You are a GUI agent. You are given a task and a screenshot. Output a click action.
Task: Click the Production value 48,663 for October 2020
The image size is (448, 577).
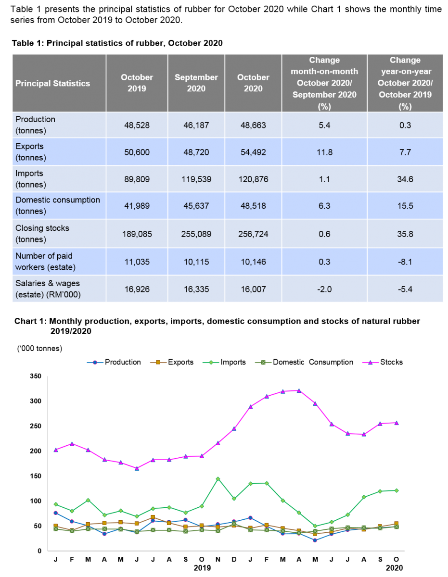(253, 125)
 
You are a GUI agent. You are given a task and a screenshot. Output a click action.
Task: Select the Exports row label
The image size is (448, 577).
(30, 152)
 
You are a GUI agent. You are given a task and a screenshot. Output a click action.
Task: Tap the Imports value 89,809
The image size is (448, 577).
(137, 179)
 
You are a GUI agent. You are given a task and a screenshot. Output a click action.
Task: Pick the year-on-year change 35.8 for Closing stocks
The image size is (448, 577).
(405, 234)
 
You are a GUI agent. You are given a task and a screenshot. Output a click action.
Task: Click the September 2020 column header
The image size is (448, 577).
(196, 83)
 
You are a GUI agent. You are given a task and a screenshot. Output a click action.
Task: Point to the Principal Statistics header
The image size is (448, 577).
(52, 84)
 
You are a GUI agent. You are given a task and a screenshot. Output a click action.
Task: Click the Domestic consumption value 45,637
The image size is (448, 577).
(196, 206)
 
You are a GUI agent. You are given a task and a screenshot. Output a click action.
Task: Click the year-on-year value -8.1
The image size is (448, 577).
(405, 262)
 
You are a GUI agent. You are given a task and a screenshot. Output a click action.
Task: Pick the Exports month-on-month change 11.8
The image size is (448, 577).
(324, 152)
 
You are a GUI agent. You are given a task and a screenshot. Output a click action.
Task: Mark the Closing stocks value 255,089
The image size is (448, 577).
(196, 234)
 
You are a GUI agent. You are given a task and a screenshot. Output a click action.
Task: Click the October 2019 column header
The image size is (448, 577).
(137, 83)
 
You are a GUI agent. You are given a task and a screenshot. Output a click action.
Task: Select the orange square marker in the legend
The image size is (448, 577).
(158, 362)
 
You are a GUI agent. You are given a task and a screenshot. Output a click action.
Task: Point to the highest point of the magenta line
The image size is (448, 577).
(299, 390)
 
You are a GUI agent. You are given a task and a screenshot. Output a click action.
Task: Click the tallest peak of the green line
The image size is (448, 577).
(218, 479)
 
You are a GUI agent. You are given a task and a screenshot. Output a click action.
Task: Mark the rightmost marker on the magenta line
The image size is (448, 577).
(397, 423)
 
